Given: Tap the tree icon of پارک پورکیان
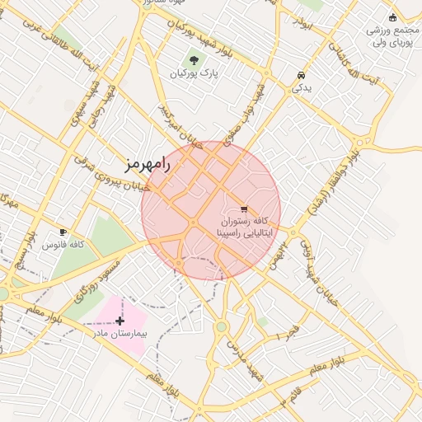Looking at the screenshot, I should click(x=194, y=59).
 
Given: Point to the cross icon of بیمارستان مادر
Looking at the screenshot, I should click(x=121, y=320).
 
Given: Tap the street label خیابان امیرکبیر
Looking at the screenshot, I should click(x=181, y=124).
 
